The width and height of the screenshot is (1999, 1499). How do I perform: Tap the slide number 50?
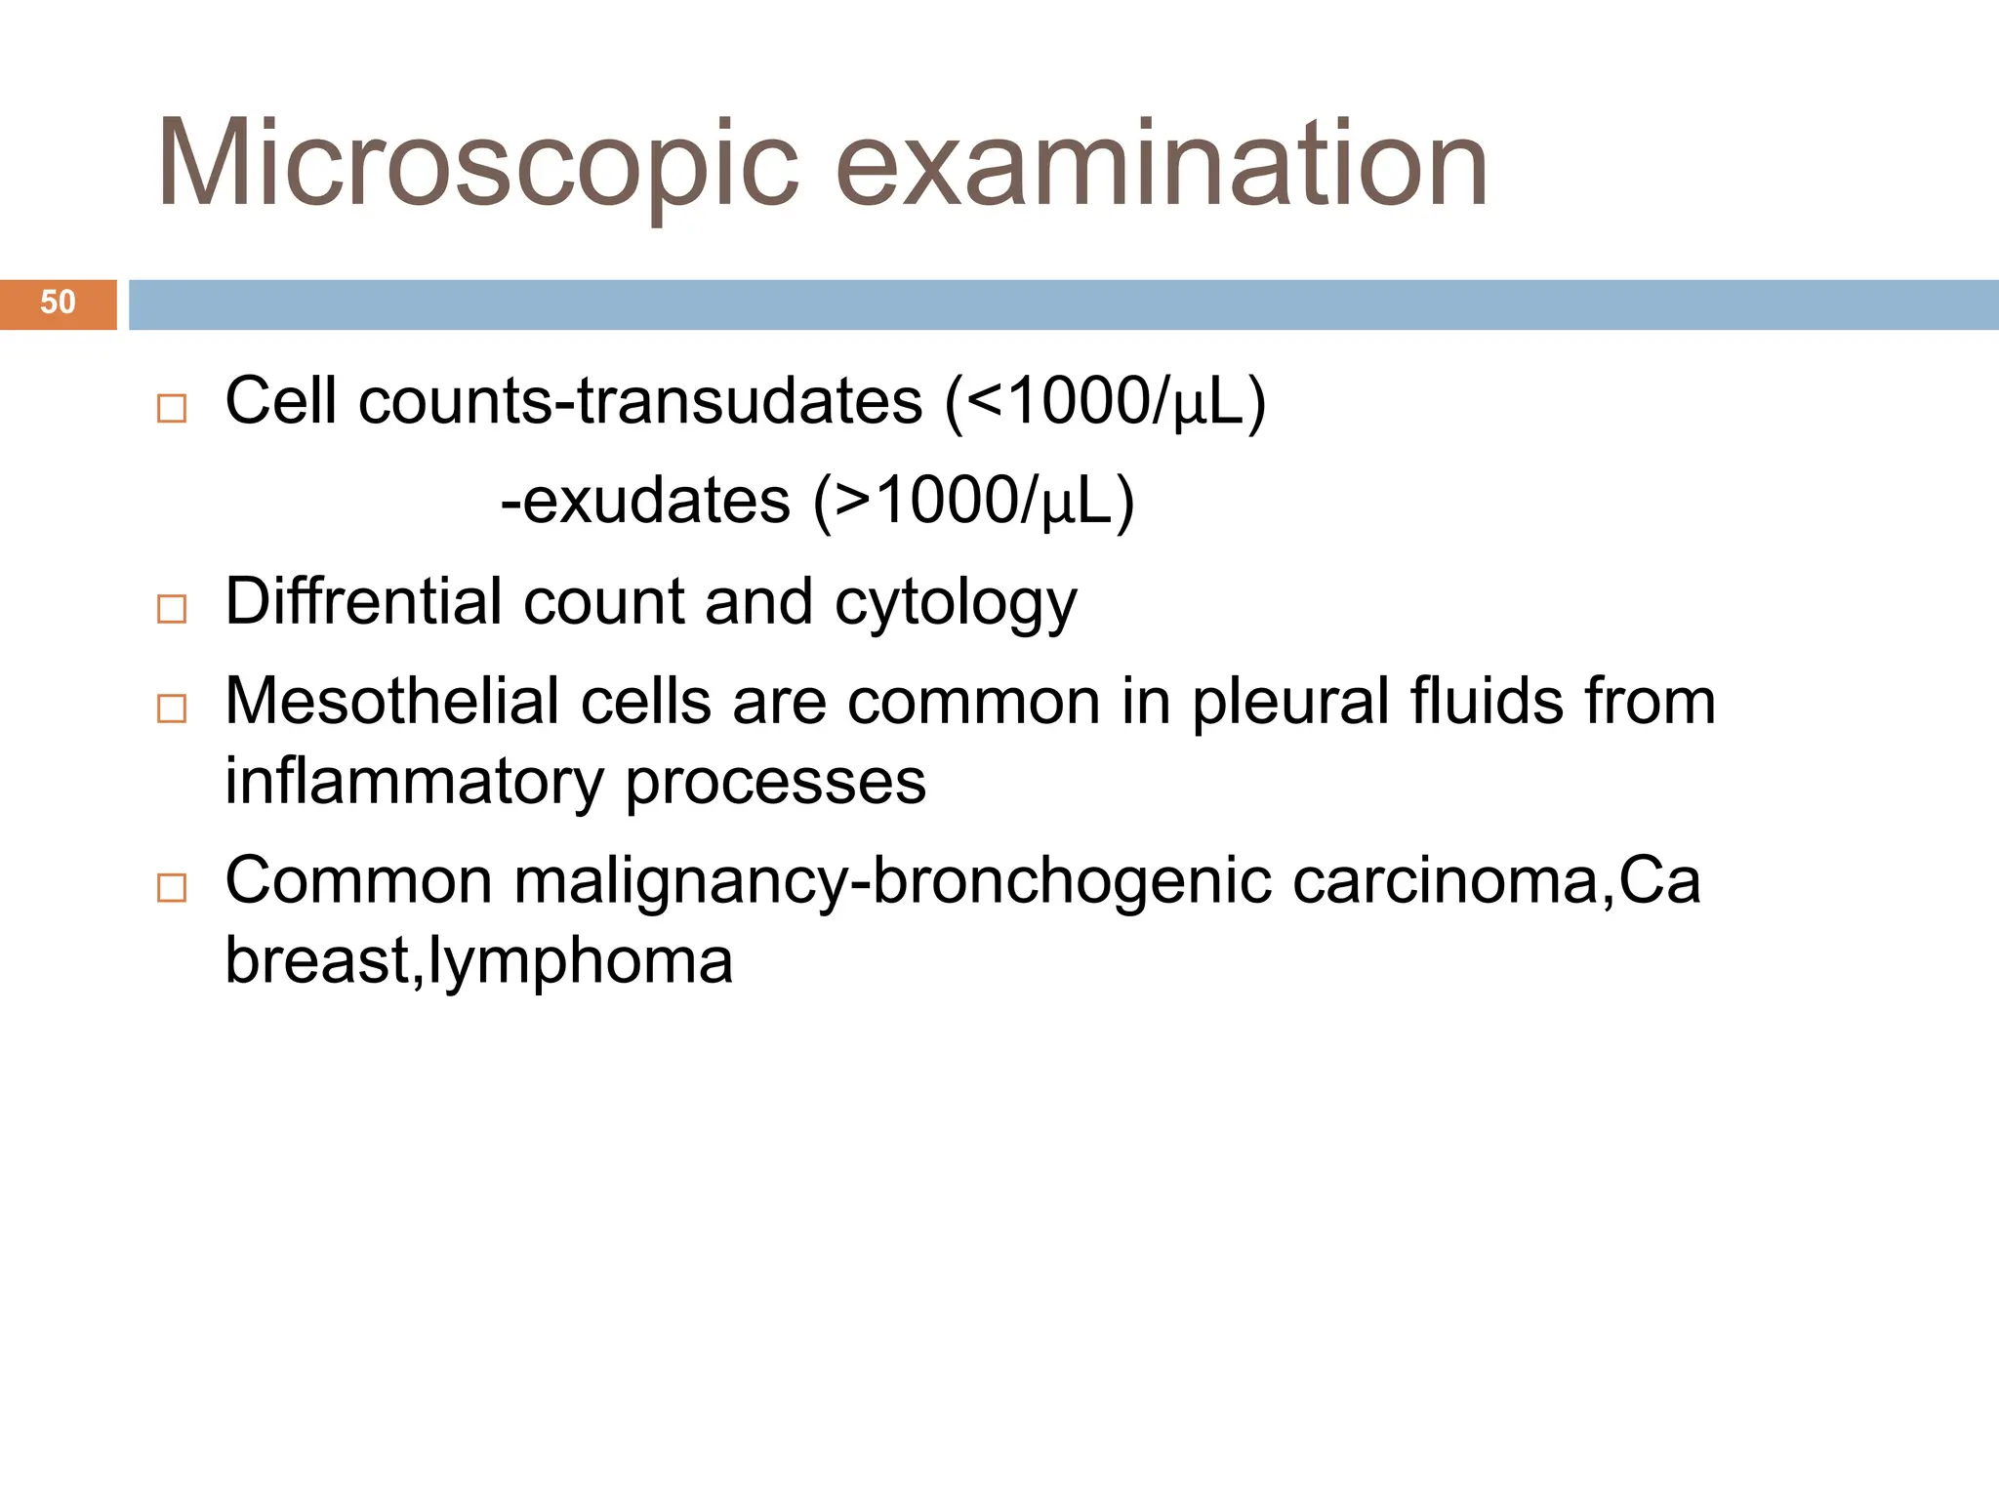(x=58, y=303)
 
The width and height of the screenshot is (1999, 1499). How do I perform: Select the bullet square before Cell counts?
(x=172, y=408)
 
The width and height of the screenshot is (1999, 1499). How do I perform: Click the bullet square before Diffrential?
(x=172, y=609)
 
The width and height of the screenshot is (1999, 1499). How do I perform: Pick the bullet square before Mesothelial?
(x=172, y=709)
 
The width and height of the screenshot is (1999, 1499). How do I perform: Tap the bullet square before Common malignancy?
(x=172, y=887)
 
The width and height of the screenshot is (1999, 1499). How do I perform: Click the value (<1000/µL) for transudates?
(x=1105, y=401)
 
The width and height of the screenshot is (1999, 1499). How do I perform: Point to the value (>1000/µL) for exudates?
(x=974, y=502)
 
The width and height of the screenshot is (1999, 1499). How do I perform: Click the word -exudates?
(x=645, y=502)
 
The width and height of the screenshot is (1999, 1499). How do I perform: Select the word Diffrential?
(x=363, y=601)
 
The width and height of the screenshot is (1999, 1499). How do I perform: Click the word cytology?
(x=956, y=603)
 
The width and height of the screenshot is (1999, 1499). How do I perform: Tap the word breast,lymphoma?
(x=478, y=962)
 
